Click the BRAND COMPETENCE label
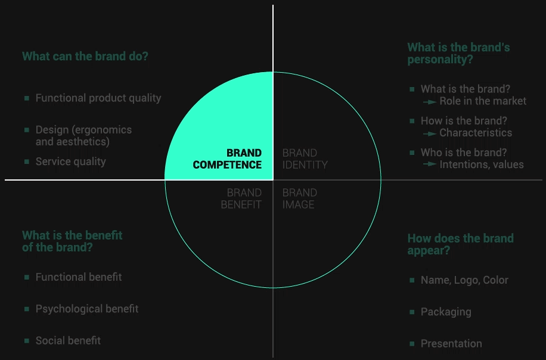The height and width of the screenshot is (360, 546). point(227,159)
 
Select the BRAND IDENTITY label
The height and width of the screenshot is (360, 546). point(305,159)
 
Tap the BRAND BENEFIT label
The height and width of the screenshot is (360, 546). point(241,198)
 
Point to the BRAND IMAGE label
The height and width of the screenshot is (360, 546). point(299,198)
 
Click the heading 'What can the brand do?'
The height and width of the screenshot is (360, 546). point(85,56)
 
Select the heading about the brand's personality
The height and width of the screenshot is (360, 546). point(458,53)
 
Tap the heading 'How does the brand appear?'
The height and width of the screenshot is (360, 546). point(460,244)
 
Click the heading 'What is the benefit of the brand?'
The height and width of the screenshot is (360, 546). point(72,241)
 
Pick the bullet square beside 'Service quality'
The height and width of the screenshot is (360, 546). point(27,162)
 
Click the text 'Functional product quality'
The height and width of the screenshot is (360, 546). point(98,98)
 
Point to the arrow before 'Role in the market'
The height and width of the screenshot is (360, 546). point(430,102)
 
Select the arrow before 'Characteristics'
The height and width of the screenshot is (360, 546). point(430,134)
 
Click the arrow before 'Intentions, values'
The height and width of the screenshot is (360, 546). point(430,164)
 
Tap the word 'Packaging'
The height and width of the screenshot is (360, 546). point(446,312)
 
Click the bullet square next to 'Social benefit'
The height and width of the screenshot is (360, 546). point(27,340)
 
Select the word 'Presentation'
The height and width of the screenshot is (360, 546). point(451,344)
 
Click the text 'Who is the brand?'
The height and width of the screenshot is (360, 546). point(464,153)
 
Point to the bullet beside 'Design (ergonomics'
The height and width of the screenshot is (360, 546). point(27,130)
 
